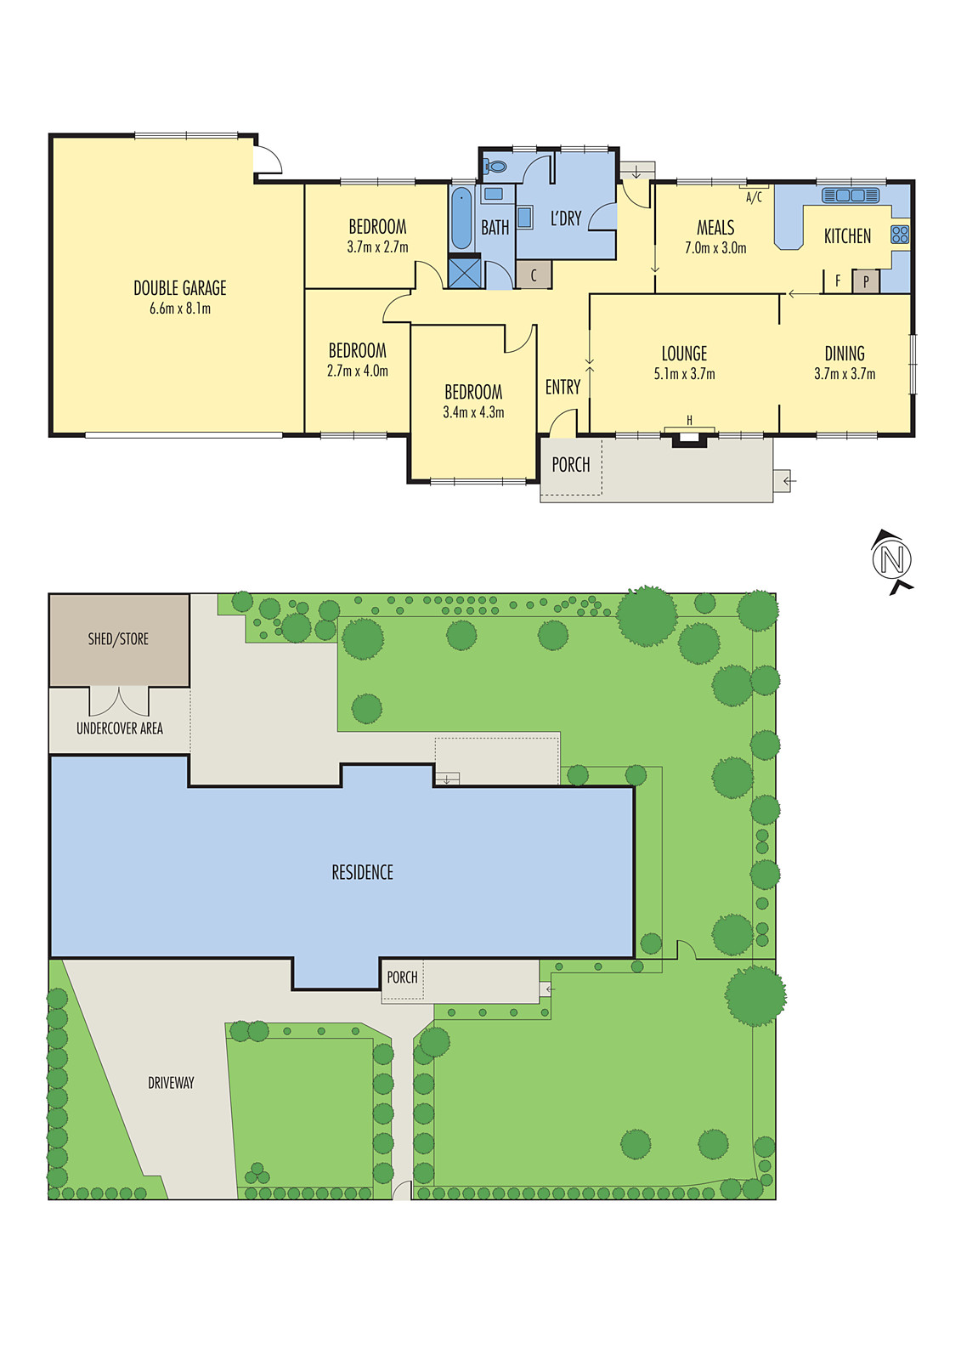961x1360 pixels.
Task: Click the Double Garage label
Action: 179,288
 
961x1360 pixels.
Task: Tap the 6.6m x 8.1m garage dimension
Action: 179,309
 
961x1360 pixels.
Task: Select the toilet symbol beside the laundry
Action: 495,166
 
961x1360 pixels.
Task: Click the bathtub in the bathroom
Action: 461,218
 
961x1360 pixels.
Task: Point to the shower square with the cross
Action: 464,273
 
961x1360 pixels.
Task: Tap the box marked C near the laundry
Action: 534,275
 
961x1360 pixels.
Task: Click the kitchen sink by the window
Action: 851,195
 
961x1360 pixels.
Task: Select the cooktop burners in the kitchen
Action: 900,235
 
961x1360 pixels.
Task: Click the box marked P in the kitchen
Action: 866,281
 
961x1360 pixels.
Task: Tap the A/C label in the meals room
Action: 754,197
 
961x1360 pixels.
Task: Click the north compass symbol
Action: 891,560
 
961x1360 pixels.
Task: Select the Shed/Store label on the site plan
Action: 118,638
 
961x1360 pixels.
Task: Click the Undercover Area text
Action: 119,728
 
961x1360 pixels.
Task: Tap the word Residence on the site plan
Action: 362,872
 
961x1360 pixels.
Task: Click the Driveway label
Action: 171,1083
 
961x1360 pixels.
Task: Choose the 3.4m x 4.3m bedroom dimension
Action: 473,413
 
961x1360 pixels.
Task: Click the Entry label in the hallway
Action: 562,388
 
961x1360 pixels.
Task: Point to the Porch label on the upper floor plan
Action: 570,465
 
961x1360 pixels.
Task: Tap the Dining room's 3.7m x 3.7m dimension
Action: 845,374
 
